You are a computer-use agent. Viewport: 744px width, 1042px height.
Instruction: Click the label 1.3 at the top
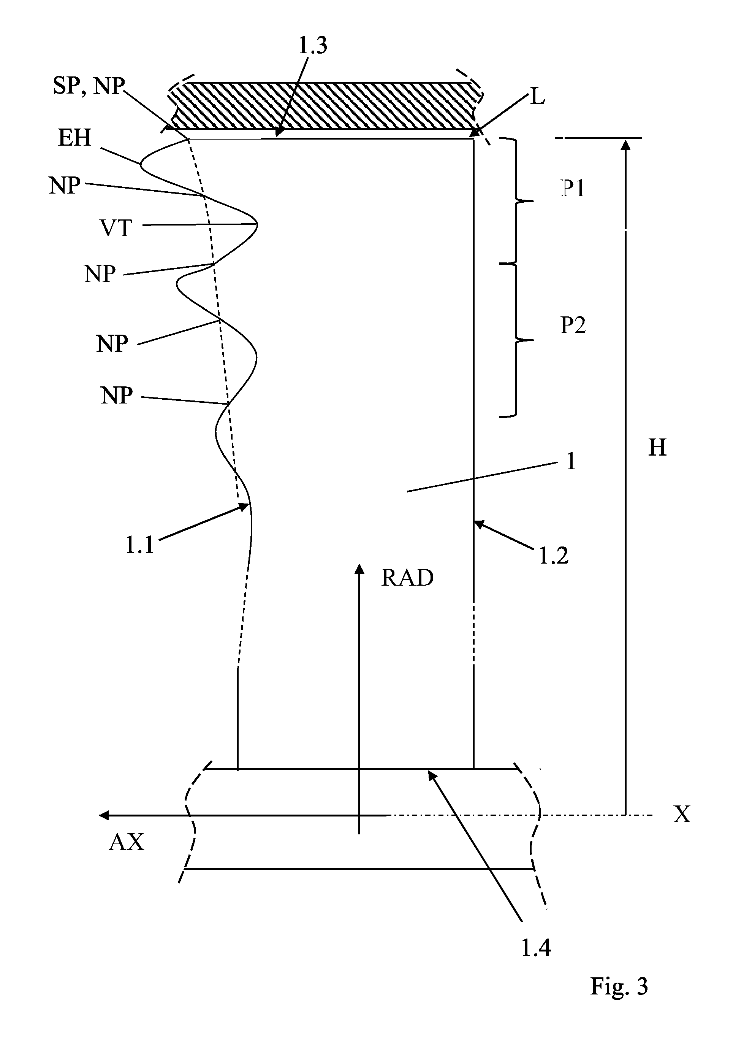click(313, 46)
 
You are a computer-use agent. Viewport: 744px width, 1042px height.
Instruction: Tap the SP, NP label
click(89, 86)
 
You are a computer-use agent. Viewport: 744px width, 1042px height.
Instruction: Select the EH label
click(75, 138)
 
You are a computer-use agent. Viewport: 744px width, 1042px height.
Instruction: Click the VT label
click(116, 228)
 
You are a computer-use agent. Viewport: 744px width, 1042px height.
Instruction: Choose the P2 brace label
click(573, 325)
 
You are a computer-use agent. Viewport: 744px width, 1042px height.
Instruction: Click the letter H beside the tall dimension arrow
click(657, 448)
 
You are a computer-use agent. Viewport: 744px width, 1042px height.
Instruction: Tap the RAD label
click(407, 578)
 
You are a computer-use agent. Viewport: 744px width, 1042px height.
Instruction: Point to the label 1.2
click(553, 556)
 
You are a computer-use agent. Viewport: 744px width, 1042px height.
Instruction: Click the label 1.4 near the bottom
click(536, 948)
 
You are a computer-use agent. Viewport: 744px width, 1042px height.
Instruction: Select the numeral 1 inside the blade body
click(571, 461)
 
